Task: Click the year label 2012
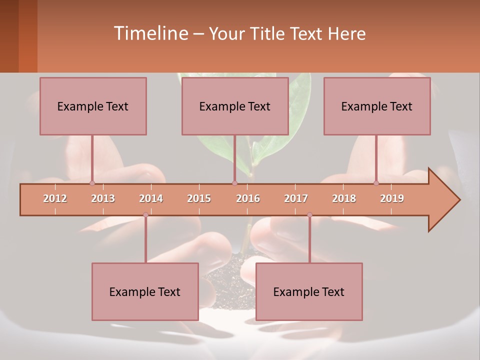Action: click(x=55, y=198)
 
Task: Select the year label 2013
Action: click(x=103, y=198)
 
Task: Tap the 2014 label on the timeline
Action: click(x=151, y=198)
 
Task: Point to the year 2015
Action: click(x=199, y=198)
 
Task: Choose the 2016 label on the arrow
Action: click(x=248, y=198)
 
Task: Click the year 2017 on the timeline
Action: click(x=296, y=198)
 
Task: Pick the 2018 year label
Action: click(x=344, y=198)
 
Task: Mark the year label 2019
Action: click(x=392, y=198)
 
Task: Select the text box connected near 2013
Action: click(x=93, y=106)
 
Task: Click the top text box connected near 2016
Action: click(x=235, y=106)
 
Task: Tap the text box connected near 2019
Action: click(x=377, y=106)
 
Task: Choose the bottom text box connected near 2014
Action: click(x=145, y=291)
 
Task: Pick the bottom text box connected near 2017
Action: click(x=309, y=291)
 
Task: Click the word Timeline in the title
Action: click(x=150, y=33)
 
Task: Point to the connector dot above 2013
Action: click(x=92, y=183)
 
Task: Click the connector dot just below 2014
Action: click(x=145, y=215)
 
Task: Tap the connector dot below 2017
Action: click(x=309, y=215)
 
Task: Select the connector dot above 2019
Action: click(x=376, y=183)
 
